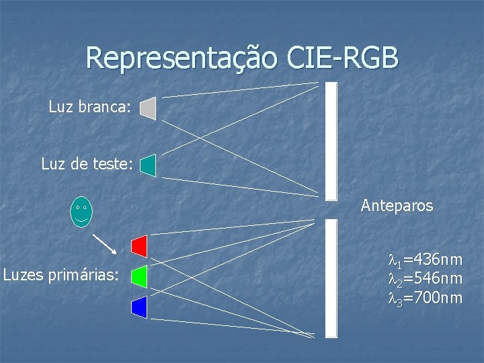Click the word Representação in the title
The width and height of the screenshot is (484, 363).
click(180, 58)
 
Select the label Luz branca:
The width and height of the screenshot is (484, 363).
click(93, 107)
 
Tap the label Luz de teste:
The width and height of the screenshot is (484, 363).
click(87, 163)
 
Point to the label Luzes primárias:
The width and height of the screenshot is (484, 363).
click(61, 274)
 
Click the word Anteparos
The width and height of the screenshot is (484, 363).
click(397, 206)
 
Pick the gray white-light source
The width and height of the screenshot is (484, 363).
click(149, 108)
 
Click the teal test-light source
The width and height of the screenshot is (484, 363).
click(149, 165)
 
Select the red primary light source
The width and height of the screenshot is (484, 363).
click(140, 246)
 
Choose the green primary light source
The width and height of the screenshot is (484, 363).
click(140, 276)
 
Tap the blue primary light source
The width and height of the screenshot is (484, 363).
click(140, 307)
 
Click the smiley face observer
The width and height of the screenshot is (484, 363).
click(81, 212)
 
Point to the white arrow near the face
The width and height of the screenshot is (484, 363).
click(104, 243)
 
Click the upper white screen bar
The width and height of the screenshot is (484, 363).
click(331, 141)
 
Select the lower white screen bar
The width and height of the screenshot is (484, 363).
click(331, 278)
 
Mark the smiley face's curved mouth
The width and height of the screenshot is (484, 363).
click(81, 218)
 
